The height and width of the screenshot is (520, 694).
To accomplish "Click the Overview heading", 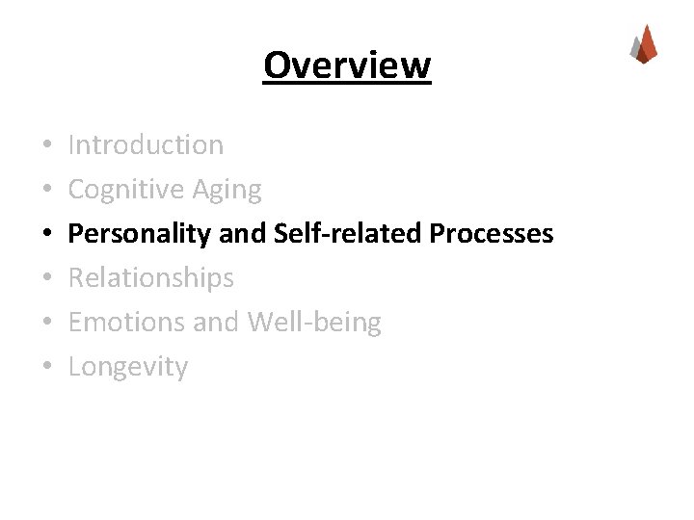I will pyautogui.click(x=347, y=65).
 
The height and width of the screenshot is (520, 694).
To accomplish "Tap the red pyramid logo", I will pyautogui.click(x=644, y=44).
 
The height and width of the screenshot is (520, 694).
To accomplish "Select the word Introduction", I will pyautogui.click(x=146, y=145).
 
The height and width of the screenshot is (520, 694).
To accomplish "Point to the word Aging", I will pyautogui.click(x=228, y=190).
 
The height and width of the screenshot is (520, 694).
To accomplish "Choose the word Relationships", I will pyautogui.click(x=151, y=278).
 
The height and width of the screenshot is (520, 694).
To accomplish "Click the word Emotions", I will pyautogui.click(x=127, y=323).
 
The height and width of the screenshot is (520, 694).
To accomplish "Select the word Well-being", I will pyautogui.click(x=314, y=323).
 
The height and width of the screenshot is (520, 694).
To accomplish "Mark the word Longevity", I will pyautogui.click(x=128, y=367).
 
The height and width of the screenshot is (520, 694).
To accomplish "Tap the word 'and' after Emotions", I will pyautogui.click(x=217, y=323).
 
